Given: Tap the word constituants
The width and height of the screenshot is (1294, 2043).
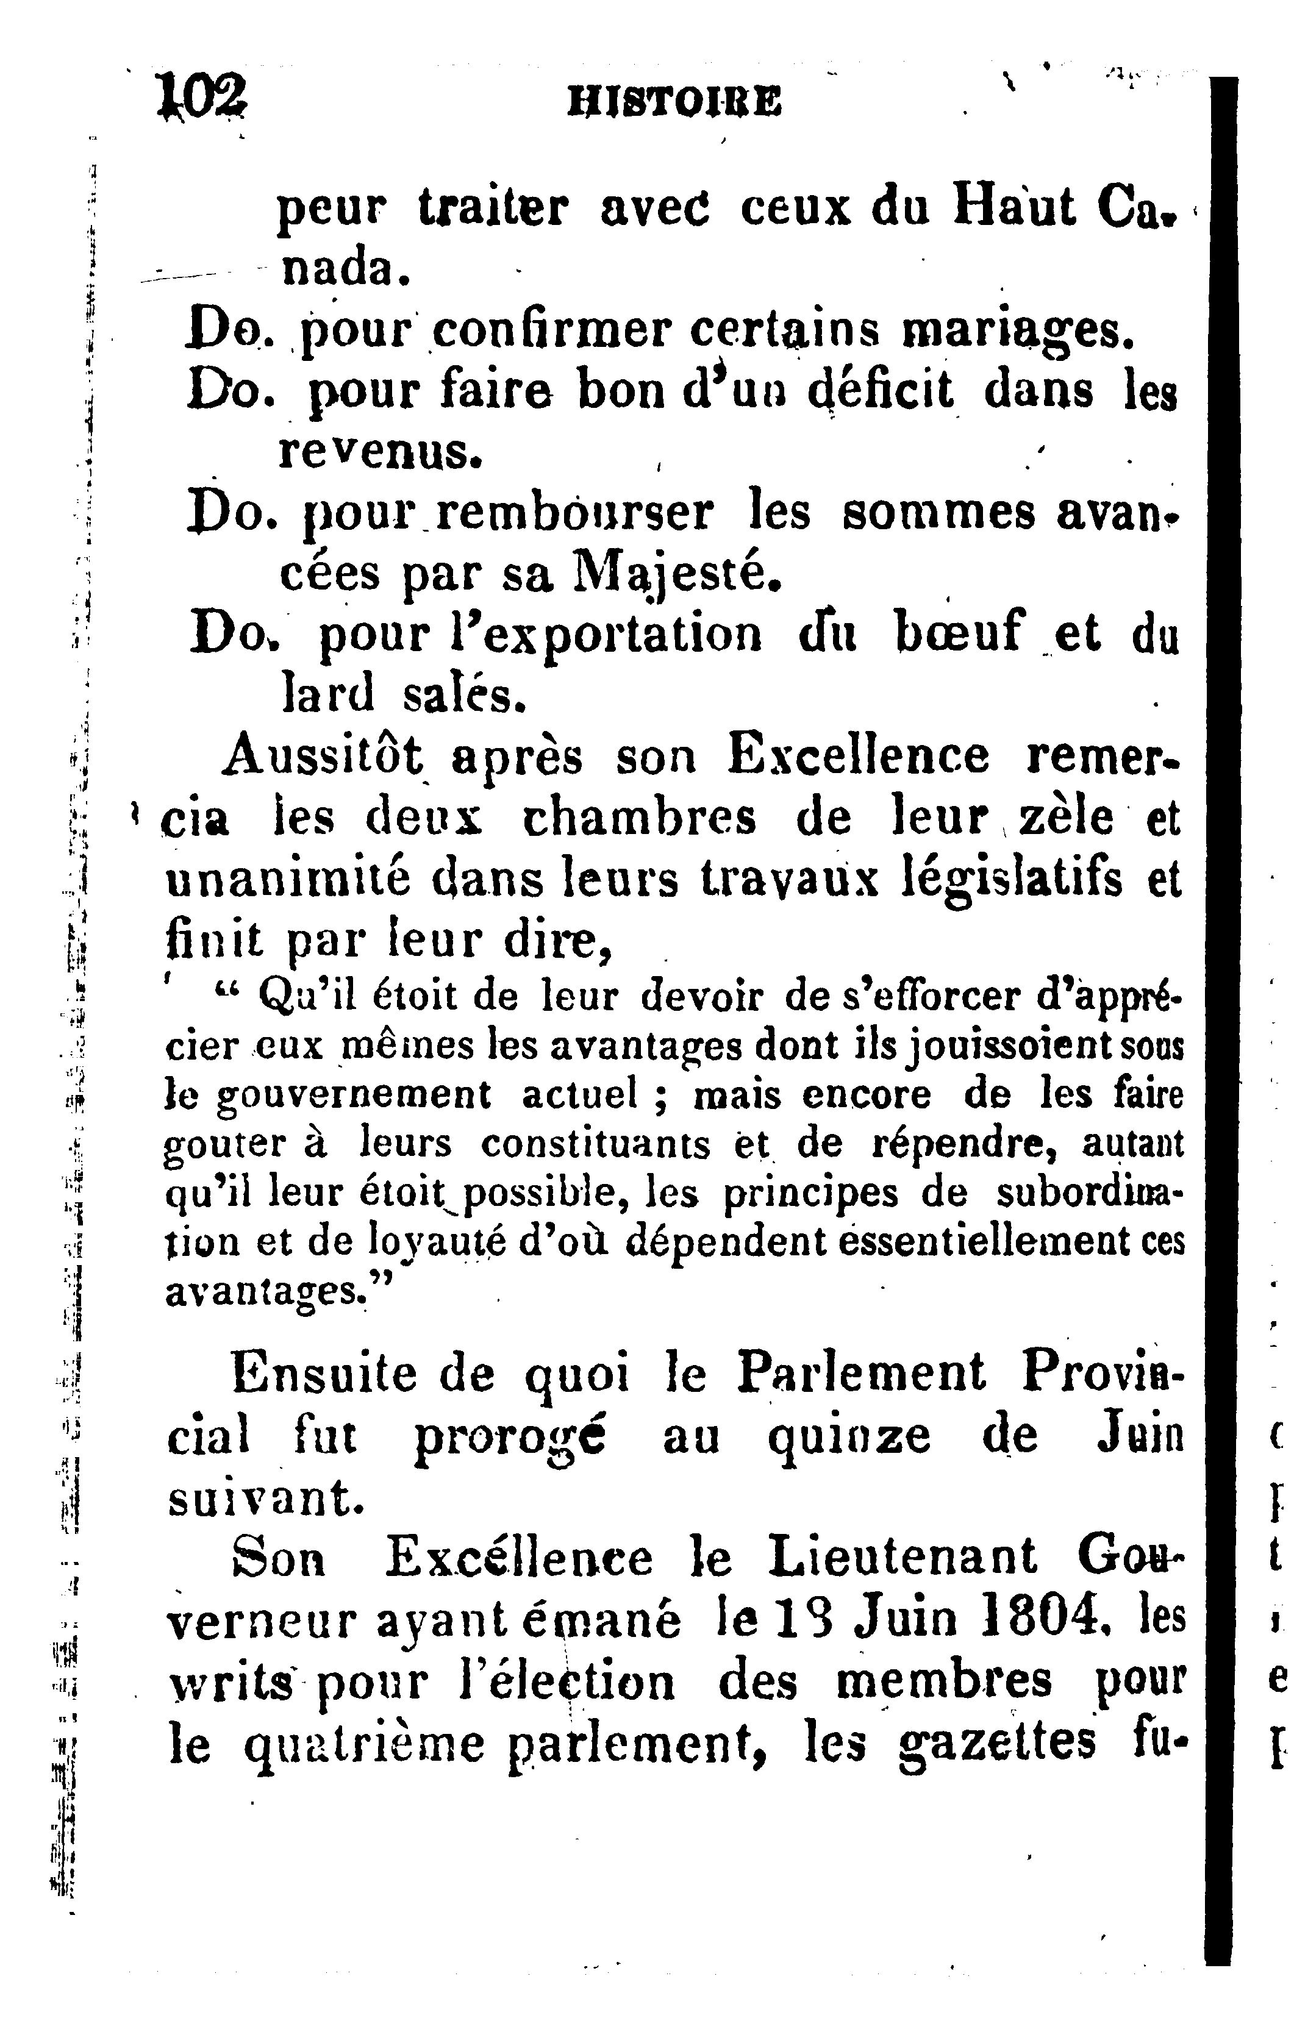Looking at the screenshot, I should pyautogui.click(x=596, y=1144).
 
